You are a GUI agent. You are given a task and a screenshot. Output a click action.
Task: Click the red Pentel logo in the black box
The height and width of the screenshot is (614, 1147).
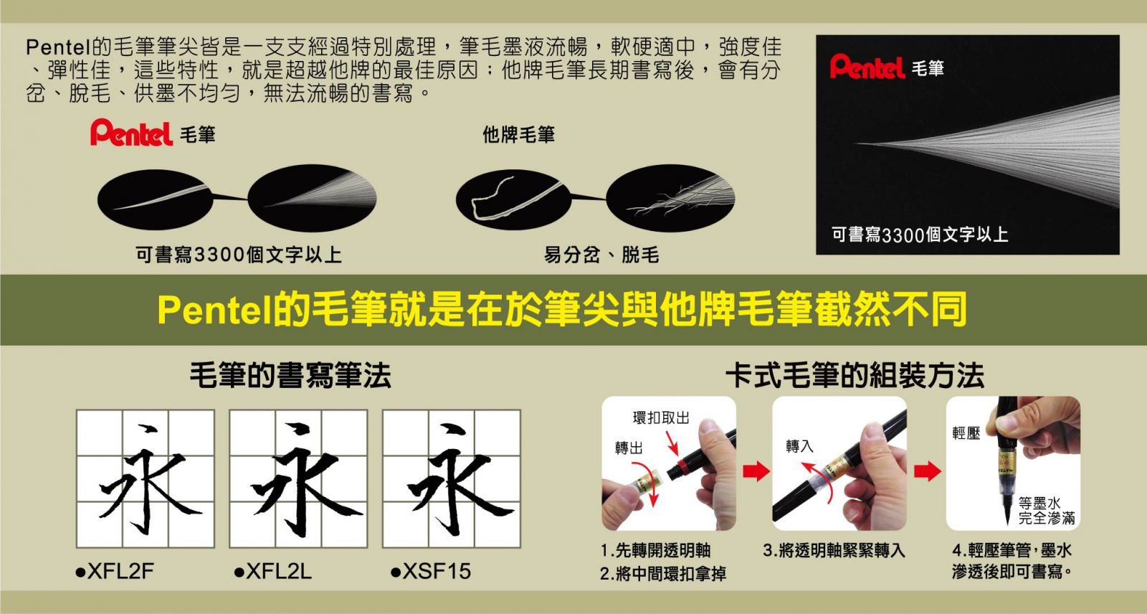(867, 67)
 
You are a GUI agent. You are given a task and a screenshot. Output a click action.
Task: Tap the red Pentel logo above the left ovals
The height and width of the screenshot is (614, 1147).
(132, 133)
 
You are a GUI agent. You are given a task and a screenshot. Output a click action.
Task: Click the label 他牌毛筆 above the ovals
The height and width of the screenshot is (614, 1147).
(518, 135)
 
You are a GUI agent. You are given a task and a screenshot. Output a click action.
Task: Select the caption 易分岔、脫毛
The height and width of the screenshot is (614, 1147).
(601, 254)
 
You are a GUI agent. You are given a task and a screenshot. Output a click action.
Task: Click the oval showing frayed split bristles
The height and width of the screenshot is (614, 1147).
(670, 199)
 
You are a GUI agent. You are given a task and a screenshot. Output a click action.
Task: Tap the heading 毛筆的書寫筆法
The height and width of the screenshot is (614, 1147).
(290, 375)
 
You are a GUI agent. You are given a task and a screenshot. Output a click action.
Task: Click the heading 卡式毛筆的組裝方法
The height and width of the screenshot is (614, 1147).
(855, 375)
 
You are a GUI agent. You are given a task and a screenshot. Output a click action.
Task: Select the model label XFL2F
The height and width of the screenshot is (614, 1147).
(115, 571)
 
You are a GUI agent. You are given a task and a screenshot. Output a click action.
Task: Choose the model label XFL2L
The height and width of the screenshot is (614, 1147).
(273, 571)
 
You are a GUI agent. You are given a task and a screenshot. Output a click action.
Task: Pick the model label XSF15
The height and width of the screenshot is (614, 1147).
(431, 571)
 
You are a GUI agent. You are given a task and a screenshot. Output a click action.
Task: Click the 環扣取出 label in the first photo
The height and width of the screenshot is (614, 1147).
(661, 417)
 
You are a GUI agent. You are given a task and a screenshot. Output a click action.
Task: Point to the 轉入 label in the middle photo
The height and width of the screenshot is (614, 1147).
(799, 446)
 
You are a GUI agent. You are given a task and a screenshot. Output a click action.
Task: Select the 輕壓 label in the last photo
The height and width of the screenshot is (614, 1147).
(966, 433)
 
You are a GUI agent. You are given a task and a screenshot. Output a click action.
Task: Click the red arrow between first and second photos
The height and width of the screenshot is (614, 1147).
(756, 471)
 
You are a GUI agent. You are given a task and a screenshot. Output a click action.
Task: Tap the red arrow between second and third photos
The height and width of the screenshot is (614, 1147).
(928, 471)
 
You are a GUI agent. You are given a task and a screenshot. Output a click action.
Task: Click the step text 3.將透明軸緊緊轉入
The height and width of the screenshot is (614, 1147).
(834, 550)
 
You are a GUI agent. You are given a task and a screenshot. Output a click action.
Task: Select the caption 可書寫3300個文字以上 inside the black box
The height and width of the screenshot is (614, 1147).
(920, 235)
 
